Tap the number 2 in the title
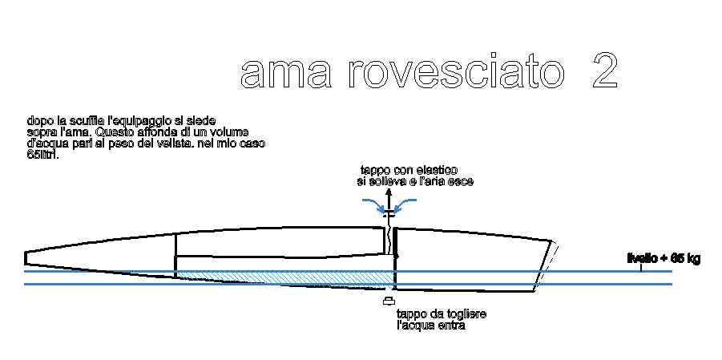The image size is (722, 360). [x=603, y=73]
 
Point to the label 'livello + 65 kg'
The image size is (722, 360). [x=664, y=258]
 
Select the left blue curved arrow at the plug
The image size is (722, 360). [x=373, y=204]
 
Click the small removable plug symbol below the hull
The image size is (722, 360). [x=389, y=301]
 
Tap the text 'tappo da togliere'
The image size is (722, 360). [x=442, y=313]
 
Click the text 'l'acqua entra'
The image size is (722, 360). [x=430, y=326]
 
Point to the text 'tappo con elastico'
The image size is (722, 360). [x=409, y=170]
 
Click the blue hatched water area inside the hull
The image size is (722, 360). [x=305, y=276]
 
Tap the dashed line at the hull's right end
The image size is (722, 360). [x=547, y=261]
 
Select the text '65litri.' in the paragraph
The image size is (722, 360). [x=43, y=154]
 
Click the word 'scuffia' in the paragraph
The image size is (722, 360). [x=84, y=120]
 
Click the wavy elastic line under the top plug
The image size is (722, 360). [x=390, y=239]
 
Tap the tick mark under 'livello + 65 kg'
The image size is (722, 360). [x=641, y=268]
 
